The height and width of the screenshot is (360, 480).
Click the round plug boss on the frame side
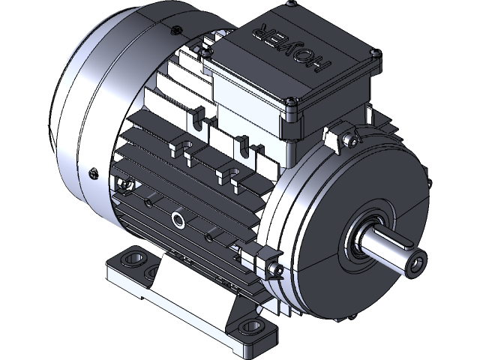[x=180, y=219]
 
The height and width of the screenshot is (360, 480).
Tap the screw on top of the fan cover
[x=174, y=31]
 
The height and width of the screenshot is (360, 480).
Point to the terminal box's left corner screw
[x=204, y=54]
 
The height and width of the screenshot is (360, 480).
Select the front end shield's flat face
[x=315, y=217]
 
